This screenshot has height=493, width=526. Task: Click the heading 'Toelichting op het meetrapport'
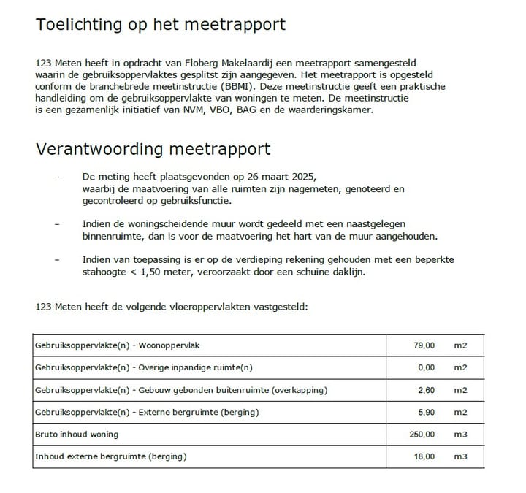(160, 25)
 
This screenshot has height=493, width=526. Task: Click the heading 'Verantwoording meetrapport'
(153, 150)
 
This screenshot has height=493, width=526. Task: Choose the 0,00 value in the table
(427, 367)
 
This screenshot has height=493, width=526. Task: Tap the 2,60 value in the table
(427, 390)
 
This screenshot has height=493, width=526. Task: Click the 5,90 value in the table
(427, 412)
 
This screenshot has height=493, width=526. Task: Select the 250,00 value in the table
(422, 435)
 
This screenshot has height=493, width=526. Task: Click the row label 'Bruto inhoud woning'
(77, 435)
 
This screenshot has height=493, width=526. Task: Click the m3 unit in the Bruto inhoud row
(460, 435)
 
